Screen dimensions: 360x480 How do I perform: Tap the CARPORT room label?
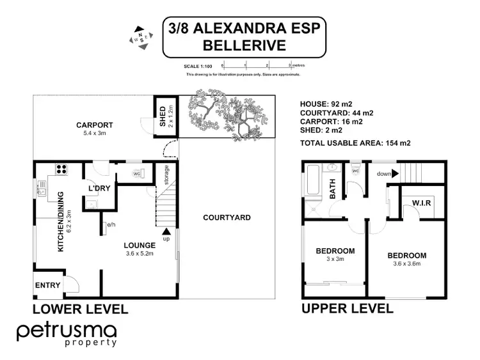tap(94, 125)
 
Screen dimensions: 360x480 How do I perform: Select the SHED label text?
tap(162, 116)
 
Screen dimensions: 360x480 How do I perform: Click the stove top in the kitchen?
tap(62, 170)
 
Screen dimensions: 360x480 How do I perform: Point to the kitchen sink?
tap(43, 188)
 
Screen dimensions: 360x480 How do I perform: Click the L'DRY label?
tap(99, 189)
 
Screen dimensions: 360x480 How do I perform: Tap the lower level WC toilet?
tap(137, 173)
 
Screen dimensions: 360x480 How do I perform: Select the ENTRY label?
tap(47, 285)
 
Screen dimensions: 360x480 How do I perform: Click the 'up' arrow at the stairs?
tap(166, 233)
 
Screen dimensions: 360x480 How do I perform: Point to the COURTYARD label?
tap(227, 217)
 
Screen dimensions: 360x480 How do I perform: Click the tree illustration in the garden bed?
tap(227, 116)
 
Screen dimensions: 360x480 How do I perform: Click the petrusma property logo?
tap(67, 334)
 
